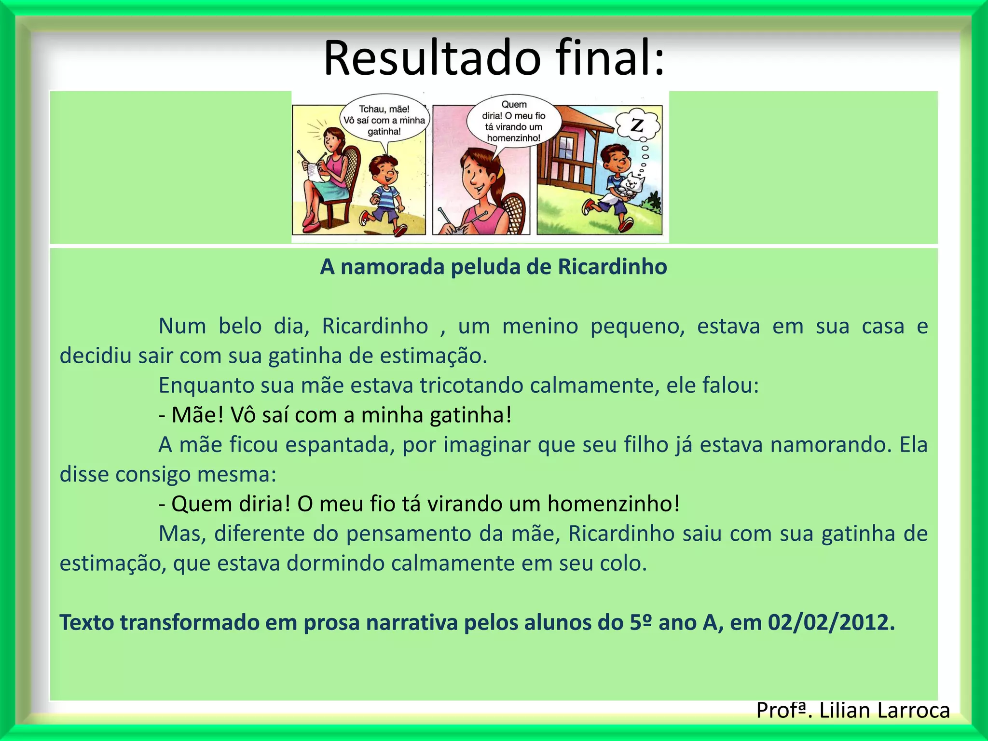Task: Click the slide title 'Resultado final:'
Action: [x=494, y=58]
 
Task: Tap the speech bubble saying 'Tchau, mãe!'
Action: [x=384, y=120]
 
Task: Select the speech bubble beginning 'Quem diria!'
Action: [x=514, y=121]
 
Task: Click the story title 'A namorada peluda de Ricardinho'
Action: [x=494, y=267]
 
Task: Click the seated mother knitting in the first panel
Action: [x=326, y=174]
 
